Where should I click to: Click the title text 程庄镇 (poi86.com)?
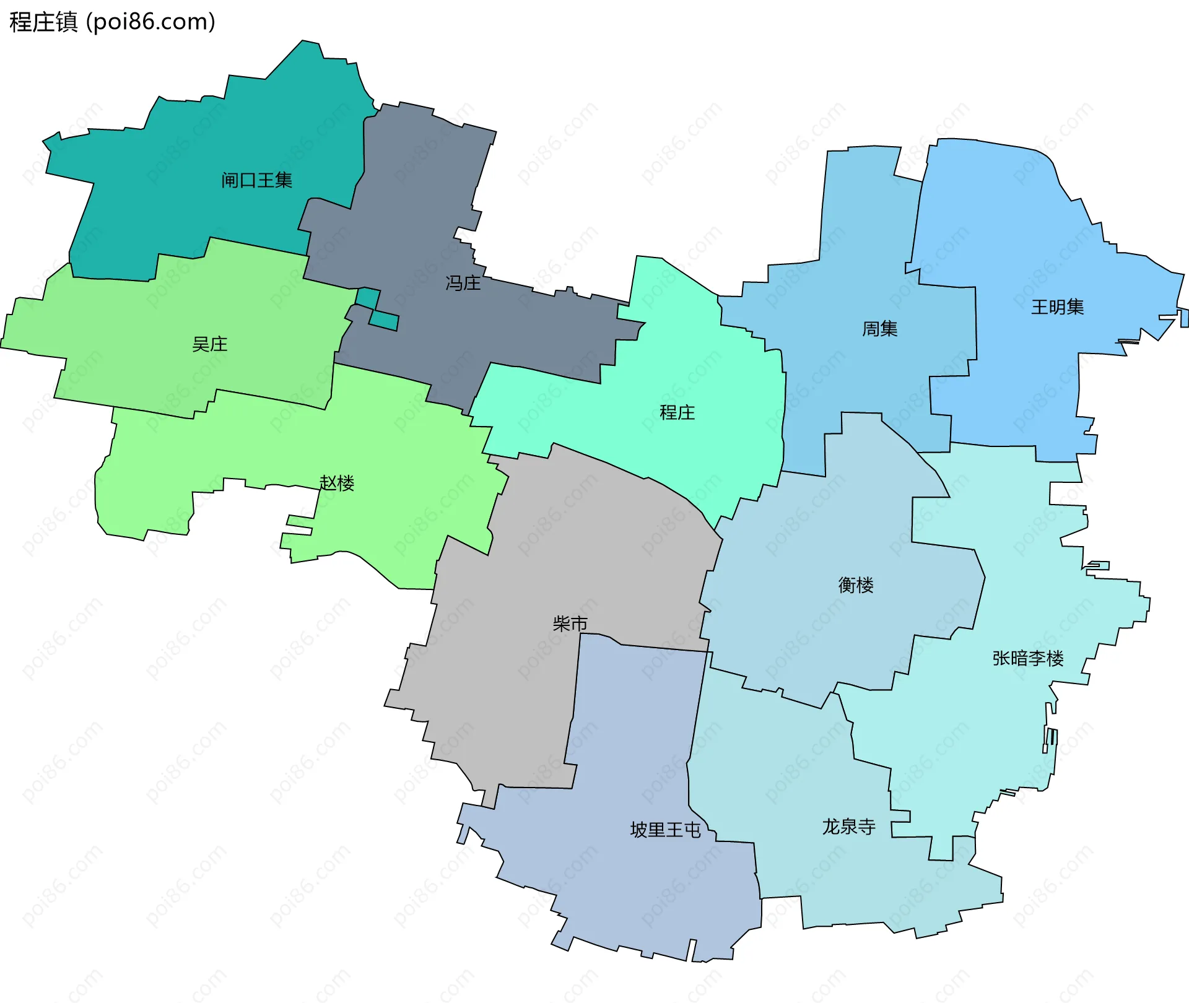[x=112, y=22]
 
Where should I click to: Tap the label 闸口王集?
[x=256, y=180]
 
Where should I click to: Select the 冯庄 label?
[x=463, y=283]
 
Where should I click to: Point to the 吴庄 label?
[x=209, y=344]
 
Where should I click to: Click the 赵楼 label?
[x=336, y=483]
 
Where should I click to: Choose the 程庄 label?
[x=677, y=412]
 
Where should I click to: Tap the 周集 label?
[x=879, y=329]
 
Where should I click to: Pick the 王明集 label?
[x=1057, y=307]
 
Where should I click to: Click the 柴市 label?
[x=570, y=623]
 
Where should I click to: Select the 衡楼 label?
[x=855, y=585]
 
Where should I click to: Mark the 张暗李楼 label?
[x=1027, y=658]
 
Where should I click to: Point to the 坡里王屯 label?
[x=665, y=830]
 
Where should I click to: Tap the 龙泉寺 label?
[x=848, y=827]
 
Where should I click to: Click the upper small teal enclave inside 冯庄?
[x=368, y=298]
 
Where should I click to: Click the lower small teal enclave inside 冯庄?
[x=384, y=321]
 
